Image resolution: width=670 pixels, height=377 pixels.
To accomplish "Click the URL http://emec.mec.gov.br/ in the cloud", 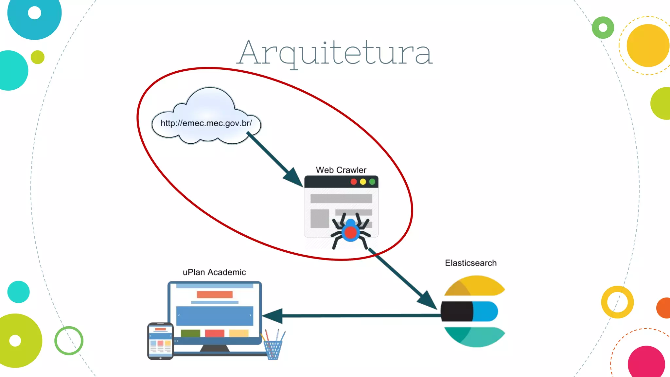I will (206, 123).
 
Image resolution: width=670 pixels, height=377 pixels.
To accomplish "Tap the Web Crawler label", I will (341, 170).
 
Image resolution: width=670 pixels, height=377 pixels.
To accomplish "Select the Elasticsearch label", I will (470, 263).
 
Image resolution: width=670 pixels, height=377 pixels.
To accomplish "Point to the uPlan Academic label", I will (214, 272).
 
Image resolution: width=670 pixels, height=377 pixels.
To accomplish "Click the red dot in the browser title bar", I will (354, 182).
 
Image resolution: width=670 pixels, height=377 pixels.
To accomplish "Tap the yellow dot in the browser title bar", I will (363, 182).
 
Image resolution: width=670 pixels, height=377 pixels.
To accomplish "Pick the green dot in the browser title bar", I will (372, 182).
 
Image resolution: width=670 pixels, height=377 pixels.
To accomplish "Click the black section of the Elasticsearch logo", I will (457, 311).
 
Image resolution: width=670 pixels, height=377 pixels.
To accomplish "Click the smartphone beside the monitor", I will (160, 341).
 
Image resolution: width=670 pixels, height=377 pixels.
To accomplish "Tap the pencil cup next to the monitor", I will (273, 349).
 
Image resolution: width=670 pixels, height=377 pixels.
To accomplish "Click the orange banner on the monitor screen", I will (215, 294).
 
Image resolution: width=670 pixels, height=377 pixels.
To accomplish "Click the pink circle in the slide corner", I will (646, 363).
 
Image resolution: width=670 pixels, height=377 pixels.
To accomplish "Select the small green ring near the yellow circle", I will (603, 27).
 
